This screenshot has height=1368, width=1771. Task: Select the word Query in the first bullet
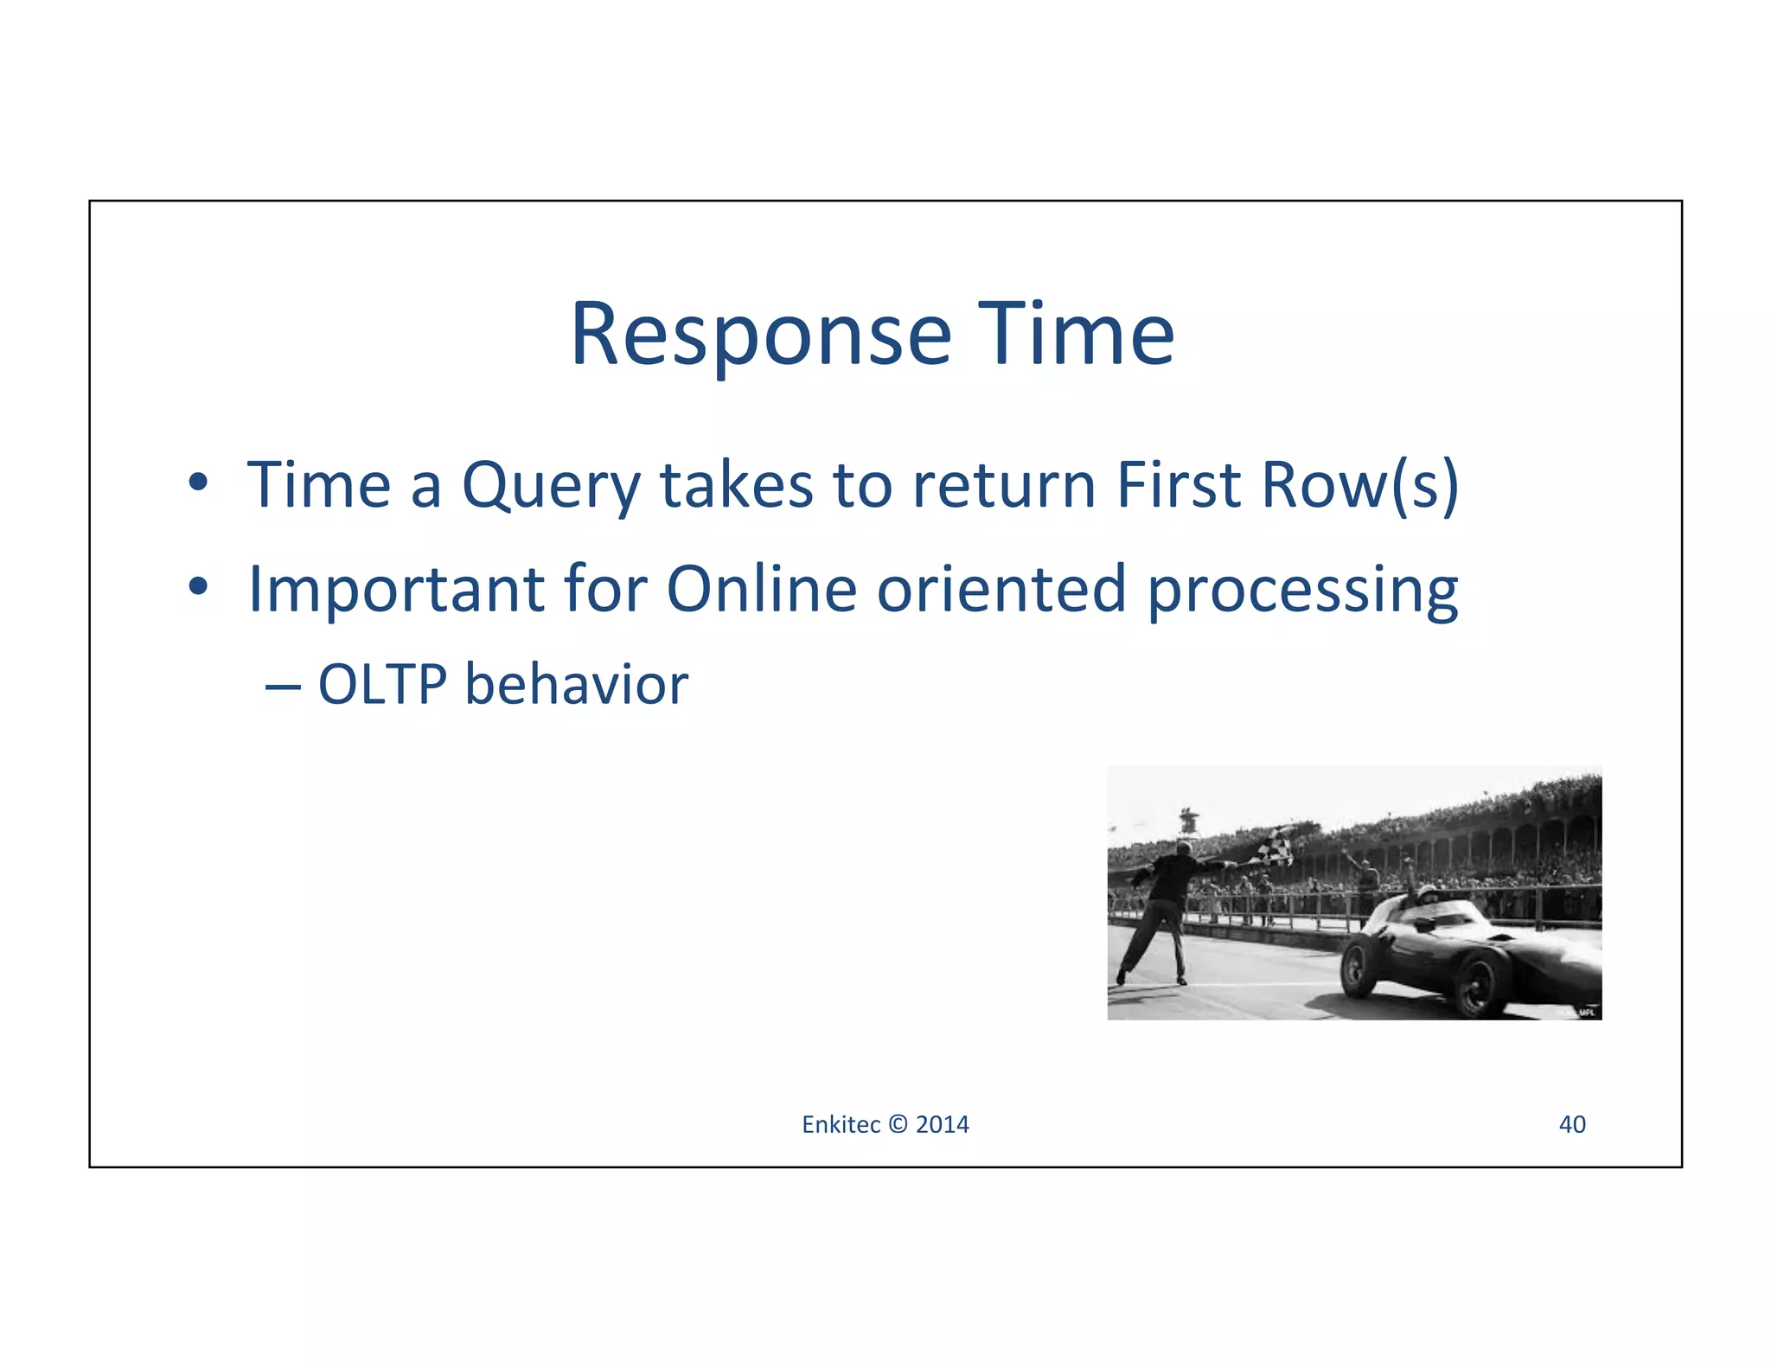coord(551,486)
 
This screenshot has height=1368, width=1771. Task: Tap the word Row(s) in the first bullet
coord(1360,486)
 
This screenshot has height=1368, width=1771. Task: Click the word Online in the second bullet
coord(761,589)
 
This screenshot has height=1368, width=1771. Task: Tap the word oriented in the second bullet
coord(1001,589)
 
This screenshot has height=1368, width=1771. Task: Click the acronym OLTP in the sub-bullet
coord(382,685)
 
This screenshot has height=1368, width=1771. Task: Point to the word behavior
coord(576,685)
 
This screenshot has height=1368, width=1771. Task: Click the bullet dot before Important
coord(199,587)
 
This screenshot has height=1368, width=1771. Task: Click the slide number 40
coord(1571,1124)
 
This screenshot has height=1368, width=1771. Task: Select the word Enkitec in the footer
coord(840,1124)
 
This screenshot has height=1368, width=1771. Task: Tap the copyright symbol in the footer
coord(898,1124)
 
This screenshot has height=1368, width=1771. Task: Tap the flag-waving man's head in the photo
coord(1182,851)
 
